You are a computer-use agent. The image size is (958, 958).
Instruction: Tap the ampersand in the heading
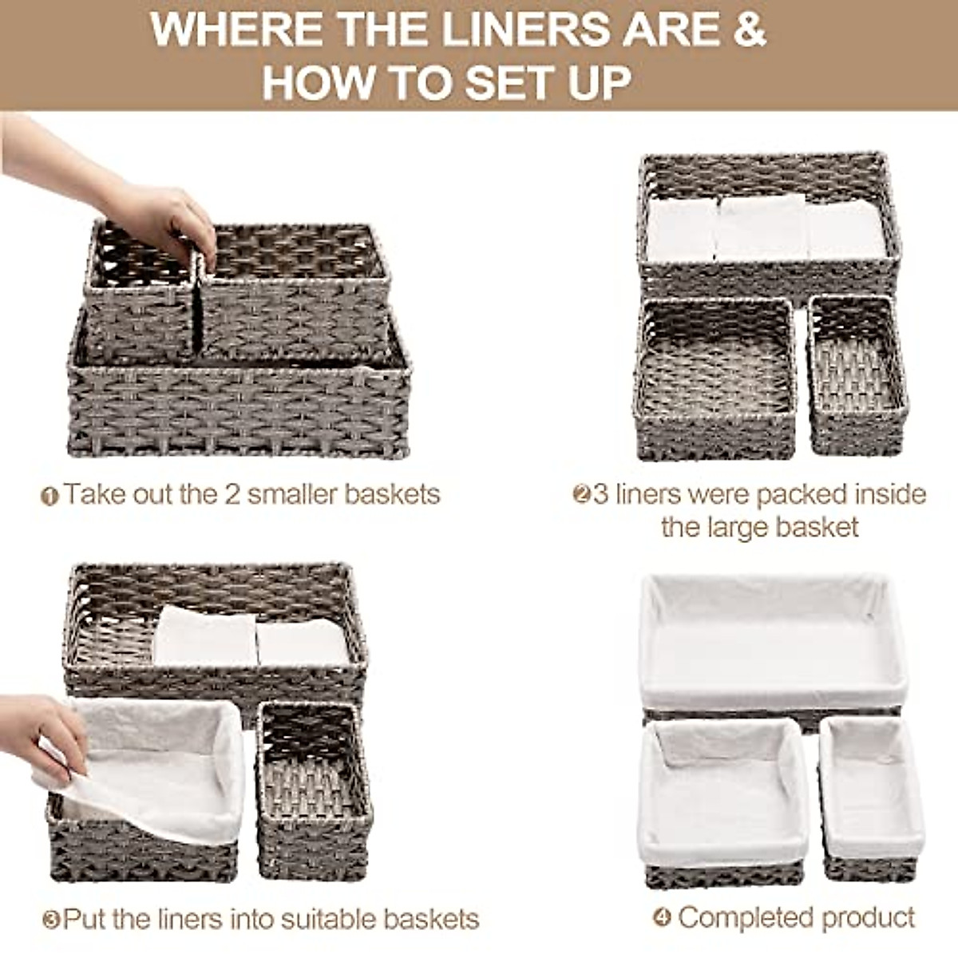coord(749,30)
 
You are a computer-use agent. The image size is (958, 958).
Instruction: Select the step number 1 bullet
coord(49,497)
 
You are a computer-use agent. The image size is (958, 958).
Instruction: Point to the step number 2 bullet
coord(581,495)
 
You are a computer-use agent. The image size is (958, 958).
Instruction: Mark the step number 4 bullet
coord(662,918)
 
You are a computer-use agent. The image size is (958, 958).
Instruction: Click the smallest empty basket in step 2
coord(857,375)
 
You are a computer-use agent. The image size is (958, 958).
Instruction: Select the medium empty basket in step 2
coord(716,379)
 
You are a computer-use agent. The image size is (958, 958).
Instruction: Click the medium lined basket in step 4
coord(723,798)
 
